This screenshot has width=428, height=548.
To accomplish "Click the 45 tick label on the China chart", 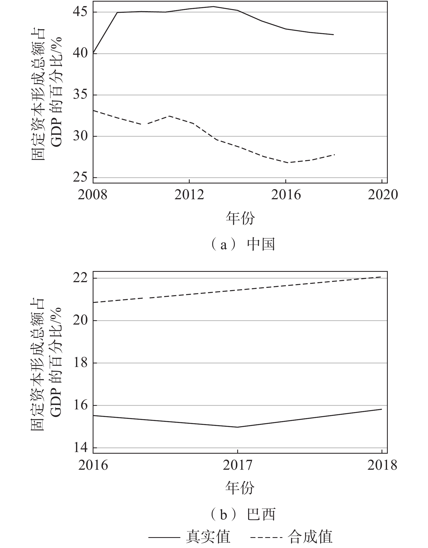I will [x=81, y=12].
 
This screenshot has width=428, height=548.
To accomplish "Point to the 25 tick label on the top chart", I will [x=81, y=178].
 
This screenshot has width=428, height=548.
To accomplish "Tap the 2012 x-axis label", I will [x=189, y=195].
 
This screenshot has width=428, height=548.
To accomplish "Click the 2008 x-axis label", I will [x=93, y=195].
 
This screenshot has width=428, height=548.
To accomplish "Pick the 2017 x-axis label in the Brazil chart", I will [x=238, y=465].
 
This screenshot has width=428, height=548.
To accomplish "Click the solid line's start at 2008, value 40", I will [x=93, y=53].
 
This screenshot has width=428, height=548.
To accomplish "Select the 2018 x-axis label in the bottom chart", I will [x=382, y=465].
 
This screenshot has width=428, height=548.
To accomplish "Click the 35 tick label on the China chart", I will [x=81, y=95].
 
